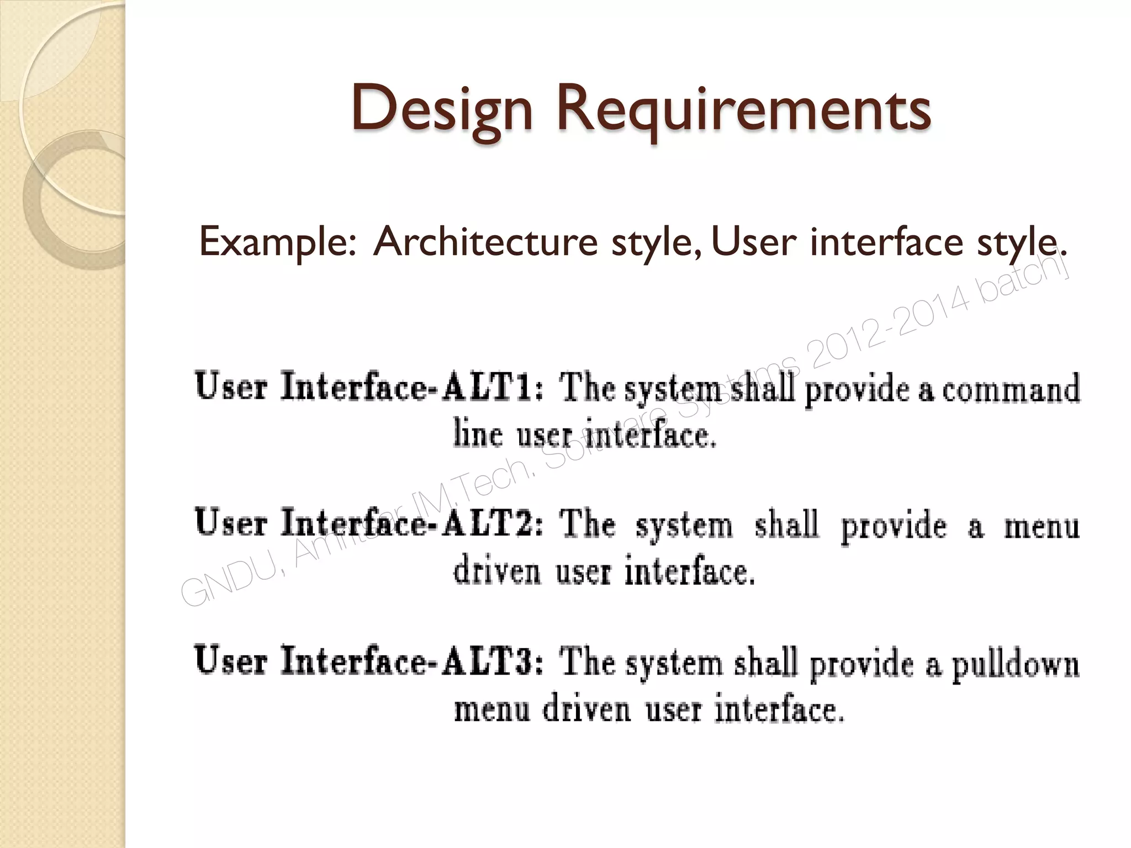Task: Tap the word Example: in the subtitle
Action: pos(278,242)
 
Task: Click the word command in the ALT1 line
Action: pos(1011,389)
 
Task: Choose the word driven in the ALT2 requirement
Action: pos(496,571)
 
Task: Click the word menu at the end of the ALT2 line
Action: pos(1042,526)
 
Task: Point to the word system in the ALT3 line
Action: pos(674,664)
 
